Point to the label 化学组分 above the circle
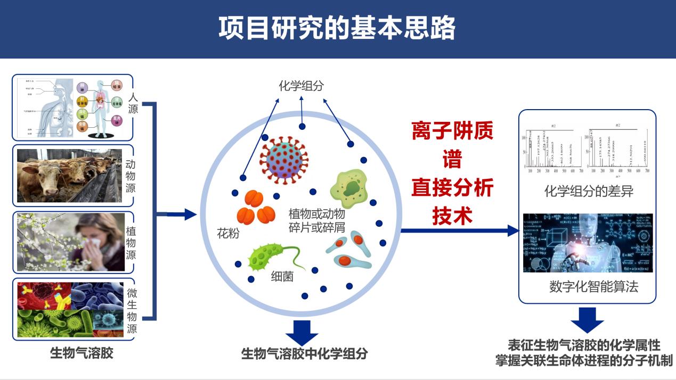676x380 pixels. pos(301,86)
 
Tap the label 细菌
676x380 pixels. pos(282,277)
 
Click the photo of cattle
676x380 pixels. pos(69,175)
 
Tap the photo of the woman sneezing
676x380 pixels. pos(70,242)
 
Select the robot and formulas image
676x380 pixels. pos(588,243)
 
